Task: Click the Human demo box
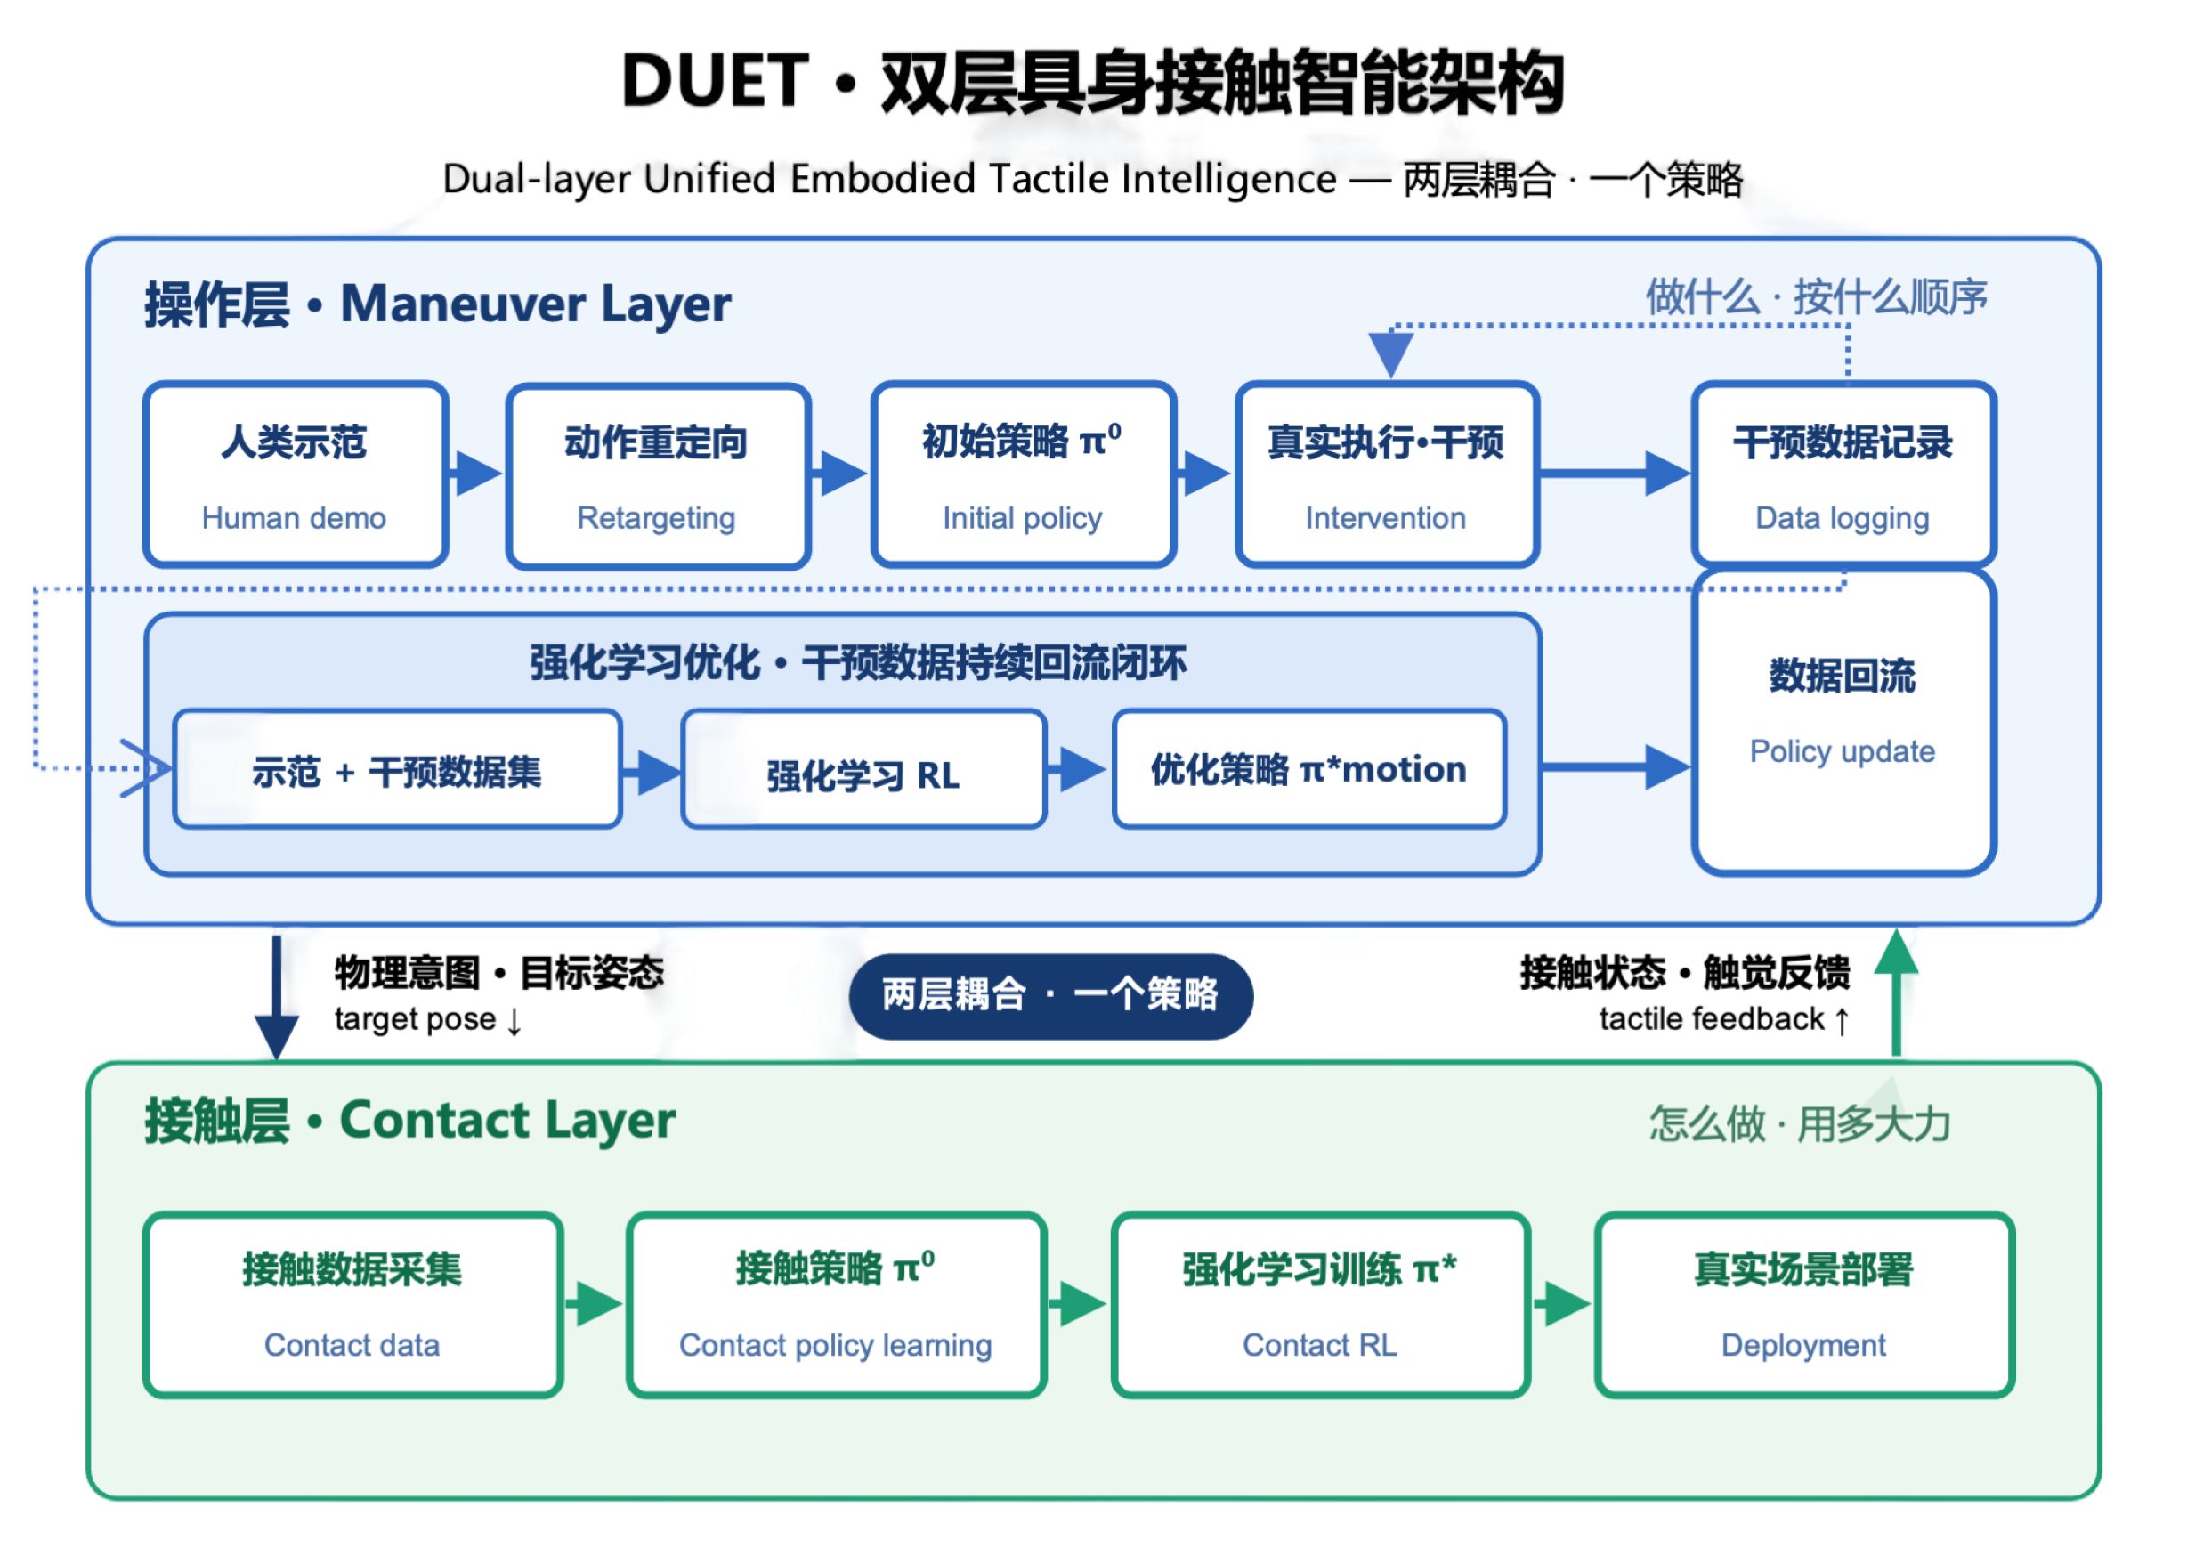coord(295,474)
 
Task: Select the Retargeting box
coord(658,474)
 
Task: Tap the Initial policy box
coord(1023,474)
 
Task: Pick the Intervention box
coord(1387,474)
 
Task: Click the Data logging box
coord(1843,474)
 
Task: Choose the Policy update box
coord(1843,722)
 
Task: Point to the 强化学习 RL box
coord(863,768)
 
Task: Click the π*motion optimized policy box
coord(1309,768)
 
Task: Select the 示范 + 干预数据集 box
coord(398,768)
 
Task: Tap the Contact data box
coord(352,1305)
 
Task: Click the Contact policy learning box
coord(836,1305)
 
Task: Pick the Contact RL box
coord(1320,1305)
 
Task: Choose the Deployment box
coord(1803,1305)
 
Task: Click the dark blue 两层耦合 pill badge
coord(1050,996)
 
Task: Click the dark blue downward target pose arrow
coord(277,998)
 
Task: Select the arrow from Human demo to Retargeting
coord(475,474)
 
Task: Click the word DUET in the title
coord(716,81)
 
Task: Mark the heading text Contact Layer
coord(507,1121)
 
